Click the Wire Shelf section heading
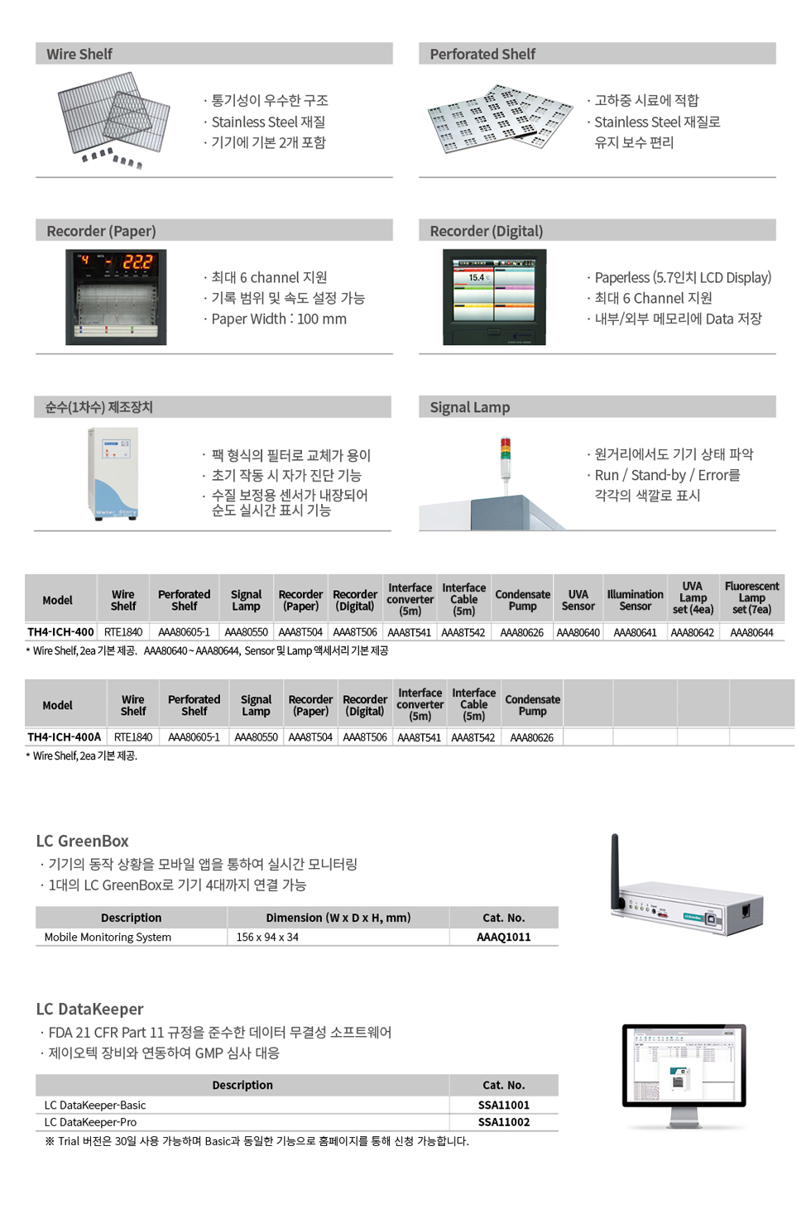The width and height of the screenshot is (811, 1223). tap(79, 54)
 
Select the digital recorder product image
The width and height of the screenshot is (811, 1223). tap(494, 296)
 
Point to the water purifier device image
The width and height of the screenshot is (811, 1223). tap(113, 473)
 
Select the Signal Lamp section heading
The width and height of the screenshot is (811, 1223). tap(469, 407)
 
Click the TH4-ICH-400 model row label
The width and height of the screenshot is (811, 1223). tap(60, 632)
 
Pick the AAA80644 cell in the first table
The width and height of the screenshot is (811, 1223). tap(751, 633)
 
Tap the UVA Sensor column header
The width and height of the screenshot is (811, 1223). tap(578, 600)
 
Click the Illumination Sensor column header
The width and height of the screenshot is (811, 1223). tap(635, 600)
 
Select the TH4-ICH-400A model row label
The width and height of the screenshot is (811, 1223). tap(64, 737)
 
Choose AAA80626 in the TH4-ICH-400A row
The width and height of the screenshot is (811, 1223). tap(532, 737)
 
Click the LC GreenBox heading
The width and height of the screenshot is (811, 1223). tap(82, 842)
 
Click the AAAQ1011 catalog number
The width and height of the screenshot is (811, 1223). tap(503, 938)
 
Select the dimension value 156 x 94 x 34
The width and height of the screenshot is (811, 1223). tap(267, 938)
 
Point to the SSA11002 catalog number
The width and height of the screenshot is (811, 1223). tap(503, 1122)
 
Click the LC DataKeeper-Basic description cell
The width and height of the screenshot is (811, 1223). tap(95, 1105)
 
